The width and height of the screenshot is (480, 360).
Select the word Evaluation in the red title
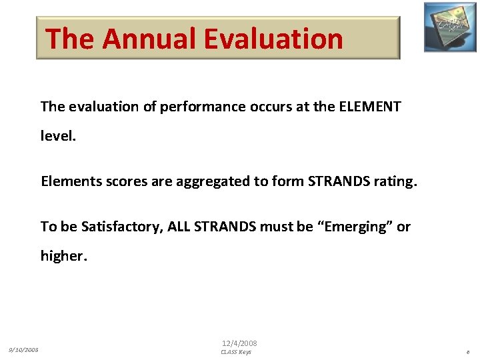point(273,39)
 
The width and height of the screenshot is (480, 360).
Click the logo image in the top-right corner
point(450,27)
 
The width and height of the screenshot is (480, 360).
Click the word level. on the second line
point(59,136)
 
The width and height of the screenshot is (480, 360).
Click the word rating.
point(395,181)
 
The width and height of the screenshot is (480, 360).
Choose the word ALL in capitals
point(179,227)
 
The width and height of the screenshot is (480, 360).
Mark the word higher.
point(64,256)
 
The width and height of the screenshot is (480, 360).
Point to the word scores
point(125,181)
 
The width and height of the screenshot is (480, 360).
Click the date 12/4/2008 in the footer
point(239,343)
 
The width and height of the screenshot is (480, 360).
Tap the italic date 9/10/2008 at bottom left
point(23,349)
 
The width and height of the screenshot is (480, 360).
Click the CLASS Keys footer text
point(236,352)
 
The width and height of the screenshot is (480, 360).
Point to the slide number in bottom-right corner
point(468,352)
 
